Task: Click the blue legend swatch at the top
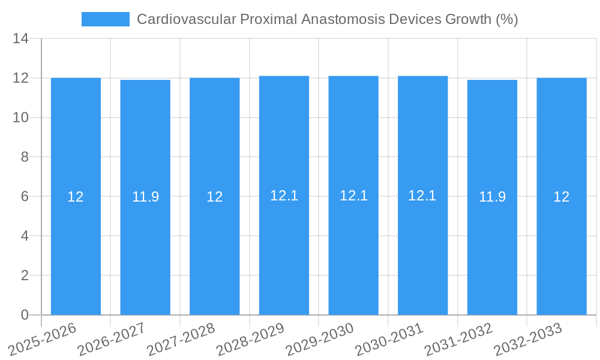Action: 105,19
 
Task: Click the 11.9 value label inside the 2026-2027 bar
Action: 145,197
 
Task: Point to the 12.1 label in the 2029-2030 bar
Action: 353,196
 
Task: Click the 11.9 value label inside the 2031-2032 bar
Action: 492,197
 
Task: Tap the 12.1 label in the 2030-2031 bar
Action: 422,196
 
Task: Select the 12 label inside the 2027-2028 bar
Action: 215,197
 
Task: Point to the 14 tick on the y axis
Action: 21,39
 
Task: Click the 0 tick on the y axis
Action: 25,315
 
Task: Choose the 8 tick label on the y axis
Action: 25,157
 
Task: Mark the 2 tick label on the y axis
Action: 25,275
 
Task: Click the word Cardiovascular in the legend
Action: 186,19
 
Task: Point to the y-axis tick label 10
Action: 21,118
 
